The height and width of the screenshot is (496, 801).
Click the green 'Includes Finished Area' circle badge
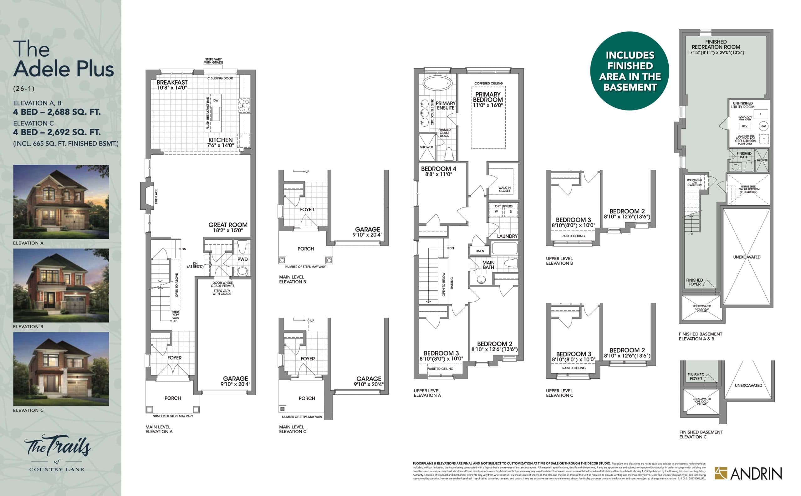(629, 71)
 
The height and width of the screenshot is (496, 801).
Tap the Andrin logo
(748, 473)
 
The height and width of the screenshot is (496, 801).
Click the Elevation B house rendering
(61, 285)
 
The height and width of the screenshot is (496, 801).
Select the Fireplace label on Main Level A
(156, 196)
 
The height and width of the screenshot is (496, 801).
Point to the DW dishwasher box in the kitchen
(216, 100)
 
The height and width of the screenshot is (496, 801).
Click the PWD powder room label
(242, 259)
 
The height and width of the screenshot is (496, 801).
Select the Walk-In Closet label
(504, 189)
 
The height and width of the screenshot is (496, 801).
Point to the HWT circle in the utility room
(763, 126)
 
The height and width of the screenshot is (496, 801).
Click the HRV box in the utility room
(745, 126)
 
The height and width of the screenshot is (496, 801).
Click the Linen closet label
(480, 251)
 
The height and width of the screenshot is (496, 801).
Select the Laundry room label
(507, 236)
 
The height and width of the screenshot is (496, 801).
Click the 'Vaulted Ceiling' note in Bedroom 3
(441, 369)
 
